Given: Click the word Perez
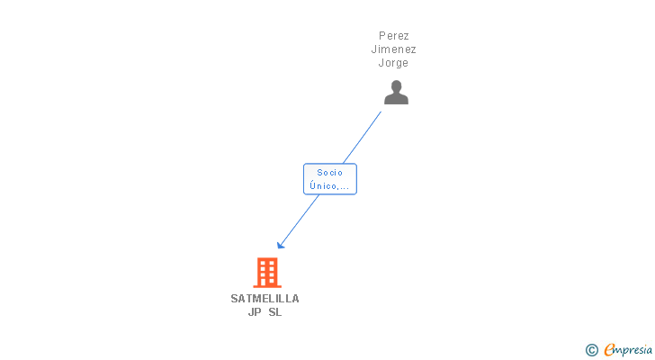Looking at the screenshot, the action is pos(393,36).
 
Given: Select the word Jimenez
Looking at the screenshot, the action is pos(393,49).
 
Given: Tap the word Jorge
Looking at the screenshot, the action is pos(393,63).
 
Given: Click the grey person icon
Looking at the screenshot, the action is pos(396,93).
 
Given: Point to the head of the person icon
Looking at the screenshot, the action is pos(396,86).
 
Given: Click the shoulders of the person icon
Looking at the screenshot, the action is pos(396,99).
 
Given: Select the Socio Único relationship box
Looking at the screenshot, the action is pos(330,179).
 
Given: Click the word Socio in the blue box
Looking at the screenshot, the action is pos(330,173).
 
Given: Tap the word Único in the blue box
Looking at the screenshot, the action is pos(320,185).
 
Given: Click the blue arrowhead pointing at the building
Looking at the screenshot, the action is pos(281,245).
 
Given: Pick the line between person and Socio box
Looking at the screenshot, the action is pos(362,138).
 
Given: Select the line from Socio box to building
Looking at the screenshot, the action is pos(299,221).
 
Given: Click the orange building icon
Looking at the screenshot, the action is pos(267,273).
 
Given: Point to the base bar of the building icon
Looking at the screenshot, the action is pos(267,286).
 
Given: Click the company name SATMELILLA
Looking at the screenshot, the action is pos(265,299).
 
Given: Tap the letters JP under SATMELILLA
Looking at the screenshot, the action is pos(255,312).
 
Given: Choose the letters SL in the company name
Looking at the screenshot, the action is pos(275,312).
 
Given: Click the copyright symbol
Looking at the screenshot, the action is pos(591,350).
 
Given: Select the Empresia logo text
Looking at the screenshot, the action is pos(628,350).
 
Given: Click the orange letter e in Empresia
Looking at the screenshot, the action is pos(609,349).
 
